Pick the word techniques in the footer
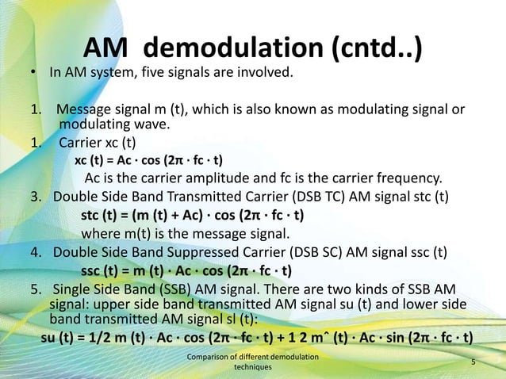tap(251, 369)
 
